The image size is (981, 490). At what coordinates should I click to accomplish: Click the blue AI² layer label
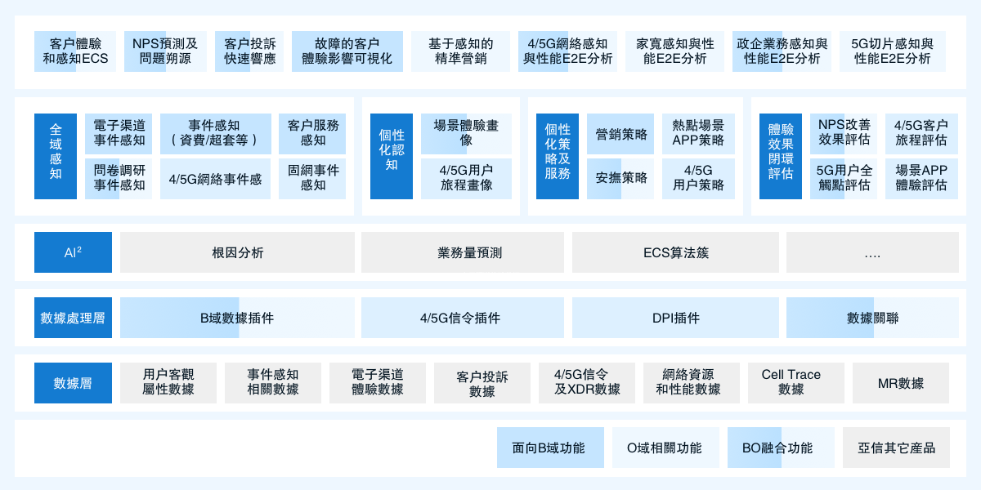tap(73, 252)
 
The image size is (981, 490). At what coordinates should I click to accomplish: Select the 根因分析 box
tap(237, 252)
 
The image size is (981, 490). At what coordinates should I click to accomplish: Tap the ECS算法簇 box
tap(675, 252)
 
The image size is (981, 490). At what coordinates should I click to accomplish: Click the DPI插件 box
tap(675, 318)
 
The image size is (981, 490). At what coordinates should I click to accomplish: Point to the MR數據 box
tap(901, 383)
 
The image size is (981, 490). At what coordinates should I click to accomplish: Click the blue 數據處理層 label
tap(73, 318)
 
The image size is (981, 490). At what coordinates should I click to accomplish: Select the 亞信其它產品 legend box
tap(896, 448)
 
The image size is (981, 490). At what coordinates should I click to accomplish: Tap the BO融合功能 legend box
tap(781, 448)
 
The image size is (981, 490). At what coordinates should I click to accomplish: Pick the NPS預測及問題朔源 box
tap(165, 51)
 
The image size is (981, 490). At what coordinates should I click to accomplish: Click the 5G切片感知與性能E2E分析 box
tap(893, 51)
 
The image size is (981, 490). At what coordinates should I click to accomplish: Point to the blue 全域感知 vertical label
tap(56, 156)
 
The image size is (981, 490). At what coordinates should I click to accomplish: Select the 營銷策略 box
tap(620, 134)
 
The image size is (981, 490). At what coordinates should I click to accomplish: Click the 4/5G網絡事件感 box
tap(215, 179)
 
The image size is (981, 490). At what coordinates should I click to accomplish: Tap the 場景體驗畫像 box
tap(466, 134)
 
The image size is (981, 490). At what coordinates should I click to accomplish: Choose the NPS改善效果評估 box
tap(844, 134)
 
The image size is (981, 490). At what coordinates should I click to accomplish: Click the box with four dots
tap(872, 252)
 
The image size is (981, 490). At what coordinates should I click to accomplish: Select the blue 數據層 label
tap(73, 383)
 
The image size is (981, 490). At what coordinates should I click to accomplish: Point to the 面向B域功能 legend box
tap(550, 448)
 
